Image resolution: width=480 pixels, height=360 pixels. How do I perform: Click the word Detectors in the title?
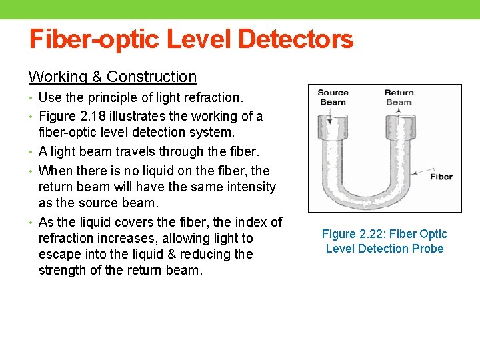pos(296,40)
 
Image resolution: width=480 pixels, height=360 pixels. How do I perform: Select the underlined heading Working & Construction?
pos(113,77)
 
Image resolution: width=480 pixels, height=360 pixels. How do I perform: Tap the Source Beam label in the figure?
pos(333,97)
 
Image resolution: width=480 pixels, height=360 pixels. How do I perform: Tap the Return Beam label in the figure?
pos(399,97)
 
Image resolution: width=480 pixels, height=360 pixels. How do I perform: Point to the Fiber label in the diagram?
pos(441,177)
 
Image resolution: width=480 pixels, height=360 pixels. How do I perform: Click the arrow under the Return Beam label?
pos(399,113)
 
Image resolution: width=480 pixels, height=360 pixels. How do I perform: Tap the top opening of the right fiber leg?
pos(399,122)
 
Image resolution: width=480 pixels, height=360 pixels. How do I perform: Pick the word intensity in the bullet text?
pos(251,187)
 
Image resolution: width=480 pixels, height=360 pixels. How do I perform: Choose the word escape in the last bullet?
pos(58,254)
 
